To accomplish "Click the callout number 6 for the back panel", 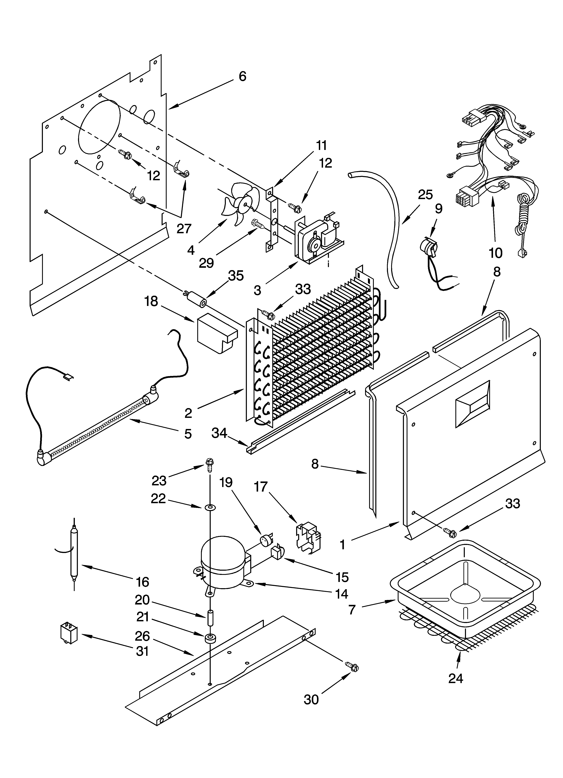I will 242,76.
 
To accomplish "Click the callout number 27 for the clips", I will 184,228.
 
